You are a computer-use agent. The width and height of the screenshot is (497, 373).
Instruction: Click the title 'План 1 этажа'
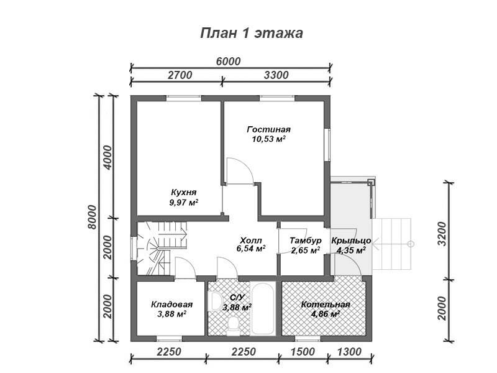coord(252,33)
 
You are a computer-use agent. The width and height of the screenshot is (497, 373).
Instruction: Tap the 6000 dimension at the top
coord(228,61)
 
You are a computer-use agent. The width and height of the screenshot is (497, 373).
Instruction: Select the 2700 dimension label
coord(180,75)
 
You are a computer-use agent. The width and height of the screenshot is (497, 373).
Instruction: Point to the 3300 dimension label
coord(276,75)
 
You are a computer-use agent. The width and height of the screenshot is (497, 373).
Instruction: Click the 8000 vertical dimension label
coord(91,217)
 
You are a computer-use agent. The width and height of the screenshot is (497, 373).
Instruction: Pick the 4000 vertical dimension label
coord(107,158)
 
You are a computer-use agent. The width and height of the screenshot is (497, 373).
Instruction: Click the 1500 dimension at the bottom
coord(303,352)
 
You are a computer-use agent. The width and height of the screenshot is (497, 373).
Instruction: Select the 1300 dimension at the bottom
coord(349,352)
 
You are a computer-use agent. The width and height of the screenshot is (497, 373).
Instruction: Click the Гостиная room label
coord(269,129)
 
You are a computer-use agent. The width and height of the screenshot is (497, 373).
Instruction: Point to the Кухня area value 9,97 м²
coord(184,203)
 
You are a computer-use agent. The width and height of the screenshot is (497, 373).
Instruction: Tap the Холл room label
coord(251,240)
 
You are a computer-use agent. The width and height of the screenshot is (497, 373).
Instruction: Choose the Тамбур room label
coord(306,241)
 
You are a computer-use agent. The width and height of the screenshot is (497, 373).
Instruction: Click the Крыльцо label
coord(351,241)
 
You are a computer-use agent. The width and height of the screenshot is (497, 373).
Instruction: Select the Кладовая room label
coord(172,305)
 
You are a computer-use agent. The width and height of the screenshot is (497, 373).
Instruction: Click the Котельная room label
coord(326,305)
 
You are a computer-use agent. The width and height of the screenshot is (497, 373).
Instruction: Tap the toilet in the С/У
coord(233,325)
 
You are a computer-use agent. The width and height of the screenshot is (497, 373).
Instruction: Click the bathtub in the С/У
coord(262,308)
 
